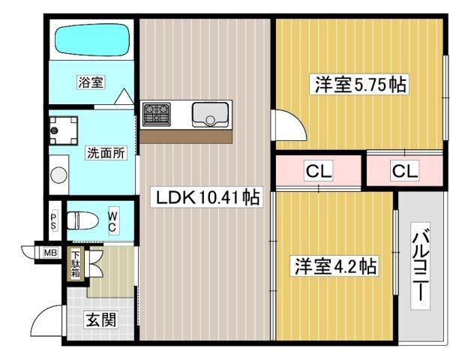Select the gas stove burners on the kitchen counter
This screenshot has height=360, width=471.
157,114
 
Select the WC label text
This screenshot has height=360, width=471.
111,221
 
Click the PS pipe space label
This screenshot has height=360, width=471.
54,221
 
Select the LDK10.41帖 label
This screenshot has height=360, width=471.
207,199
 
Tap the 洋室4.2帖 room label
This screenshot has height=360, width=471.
334,265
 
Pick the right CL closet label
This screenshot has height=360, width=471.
404,171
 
